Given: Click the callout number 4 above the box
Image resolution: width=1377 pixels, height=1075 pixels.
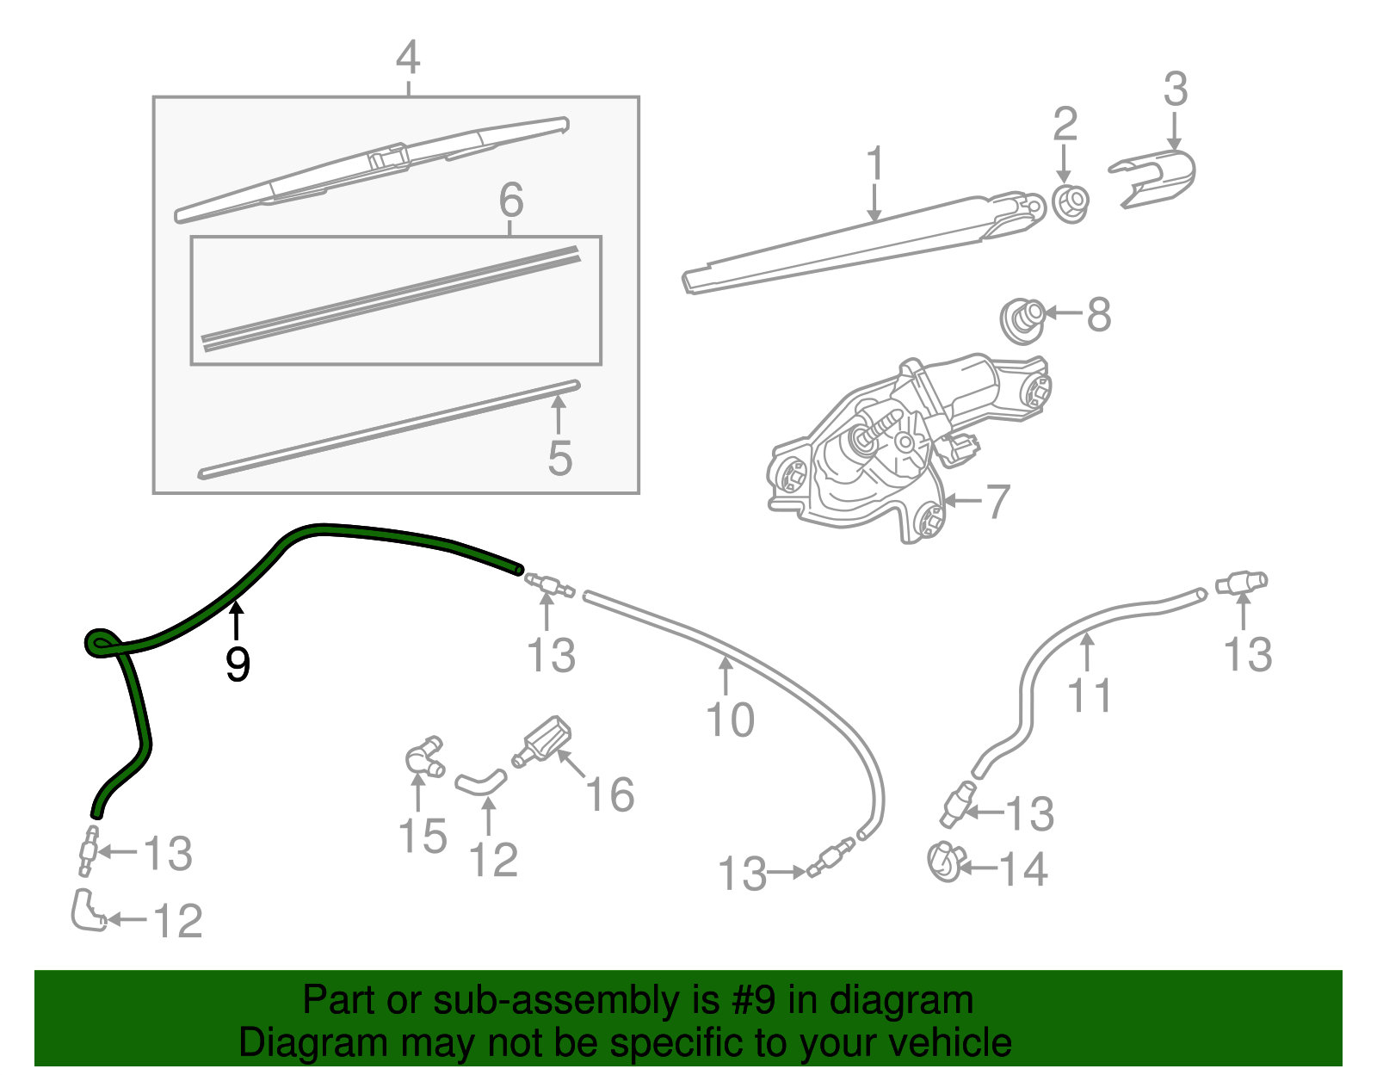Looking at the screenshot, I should (408, 58).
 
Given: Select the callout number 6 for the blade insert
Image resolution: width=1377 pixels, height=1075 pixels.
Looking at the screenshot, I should (510, 200).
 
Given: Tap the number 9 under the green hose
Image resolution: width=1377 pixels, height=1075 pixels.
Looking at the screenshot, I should (237, 664).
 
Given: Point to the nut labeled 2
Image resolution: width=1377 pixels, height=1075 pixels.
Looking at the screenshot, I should (1070, 202).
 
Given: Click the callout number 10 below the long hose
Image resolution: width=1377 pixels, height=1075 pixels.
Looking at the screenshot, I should (730, 719).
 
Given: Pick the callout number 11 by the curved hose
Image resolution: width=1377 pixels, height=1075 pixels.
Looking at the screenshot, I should (1090, 695).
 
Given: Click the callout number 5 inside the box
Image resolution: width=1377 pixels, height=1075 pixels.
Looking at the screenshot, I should (559, 457).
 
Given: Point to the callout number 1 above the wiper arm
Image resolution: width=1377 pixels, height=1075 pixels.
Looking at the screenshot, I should (874, 164).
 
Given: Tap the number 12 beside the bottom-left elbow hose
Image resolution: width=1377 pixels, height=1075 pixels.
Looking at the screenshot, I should (177, 921).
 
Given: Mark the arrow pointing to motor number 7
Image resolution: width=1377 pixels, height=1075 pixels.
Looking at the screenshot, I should (963, 500).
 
